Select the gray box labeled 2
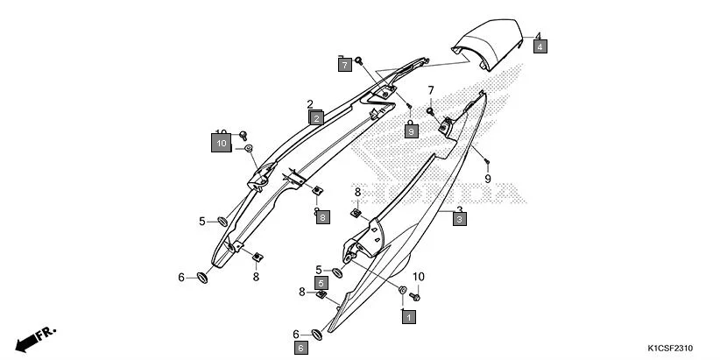(315, 116)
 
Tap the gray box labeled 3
(459, 221)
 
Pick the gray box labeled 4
(540, 46)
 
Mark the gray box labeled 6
(300, 348)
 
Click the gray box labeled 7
(345, 64)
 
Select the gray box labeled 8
(322, 216)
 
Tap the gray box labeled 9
(410, 131)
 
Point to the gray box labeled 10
(222, 142)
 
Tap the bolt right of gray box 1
(417, 298)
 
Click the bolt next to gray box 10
(243, 136)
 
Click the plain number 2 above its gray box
(310, 104)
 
